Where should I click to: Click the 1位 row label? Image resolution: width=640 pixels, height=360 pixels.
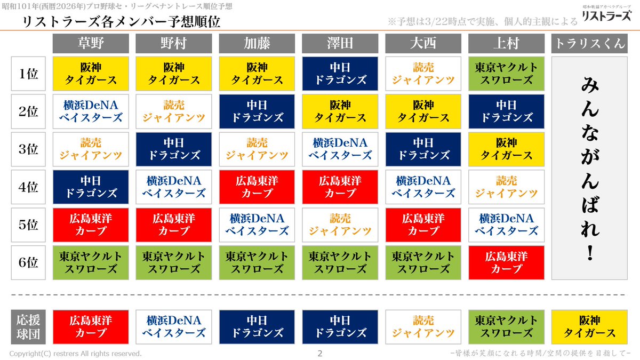coord(29,74)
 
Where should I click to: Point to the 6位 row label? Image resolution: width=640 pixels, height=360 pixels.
coord(29,262)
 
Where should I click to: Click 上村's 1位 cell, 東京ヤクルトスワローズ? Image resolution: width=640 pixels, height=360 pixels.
coord(506,74)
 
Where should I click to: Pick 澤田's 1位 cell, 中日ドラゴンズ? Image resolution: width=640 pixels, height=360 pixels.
coord(340,74)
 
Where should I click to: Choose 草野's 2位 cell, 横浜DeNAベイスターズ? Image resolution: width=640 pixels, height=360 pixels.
coord(91,111)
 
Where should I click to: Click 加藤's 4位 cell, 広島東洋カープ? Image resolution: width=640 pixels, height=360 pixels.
coord(257,187)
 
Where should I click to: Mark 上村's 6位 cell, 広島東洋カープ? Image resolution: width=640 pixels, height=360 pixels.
coord(506,262)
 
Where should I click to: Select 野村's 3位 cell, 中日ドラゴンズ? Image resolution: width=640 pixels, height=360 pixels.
coord(174,149)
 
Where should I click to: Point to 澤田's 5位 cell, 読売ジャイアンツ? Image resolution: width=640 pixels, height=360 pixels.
coord(340,225)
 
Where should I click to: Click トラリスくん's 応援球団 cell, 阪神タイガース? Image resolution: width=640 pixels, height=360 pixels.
coord(589,327)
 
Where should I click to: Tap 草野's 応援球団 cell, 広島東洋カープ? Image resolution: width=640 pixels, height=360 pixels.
coord(91,327)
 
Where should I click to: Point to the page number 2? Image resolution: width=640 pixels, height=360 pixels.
coord(320,353)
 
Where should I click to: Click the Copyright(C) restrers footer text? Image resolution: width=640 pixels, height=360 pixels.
coord(76,354)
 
